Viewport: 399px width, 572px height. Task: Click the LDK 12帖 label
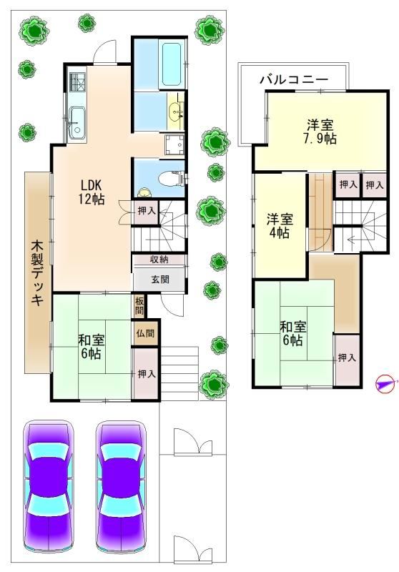pos(92,192)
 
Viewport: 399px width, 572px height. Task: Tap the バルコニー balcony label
pos(295,79)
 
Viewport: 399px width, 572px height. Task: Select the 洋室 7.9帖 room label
pos(320,132)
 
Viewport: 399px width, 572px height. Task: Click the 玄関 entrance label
pos(159,280)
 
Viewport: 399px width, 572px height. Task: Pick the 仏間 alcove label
pos(145,333)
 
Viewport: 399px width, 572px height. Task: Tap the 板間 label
pos(139,307)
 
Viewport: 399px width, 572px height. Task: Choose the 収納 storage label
pos(159,260)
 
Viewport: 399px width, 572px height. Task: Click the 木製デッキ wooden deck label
pos(38,272)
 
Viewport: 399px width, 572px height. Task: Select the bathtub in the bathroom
pos(171,64)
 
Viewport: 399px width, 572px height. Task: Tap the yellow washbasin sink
pos(176,110)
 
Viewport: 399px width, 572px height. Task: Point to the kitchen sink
pos(77,122)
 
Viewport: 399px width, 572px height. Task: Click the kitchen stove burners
pos(78,82)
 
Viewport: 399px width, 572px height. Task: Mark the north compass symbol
pos(385,384)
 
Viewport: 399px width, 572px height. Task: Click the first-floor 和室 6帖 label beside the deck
pos(92,347)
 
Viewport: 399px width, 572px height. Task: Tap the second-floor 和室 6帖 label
pos(293,333)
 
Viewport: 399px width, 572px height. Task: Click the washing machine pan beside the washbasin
pos(174,145)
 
